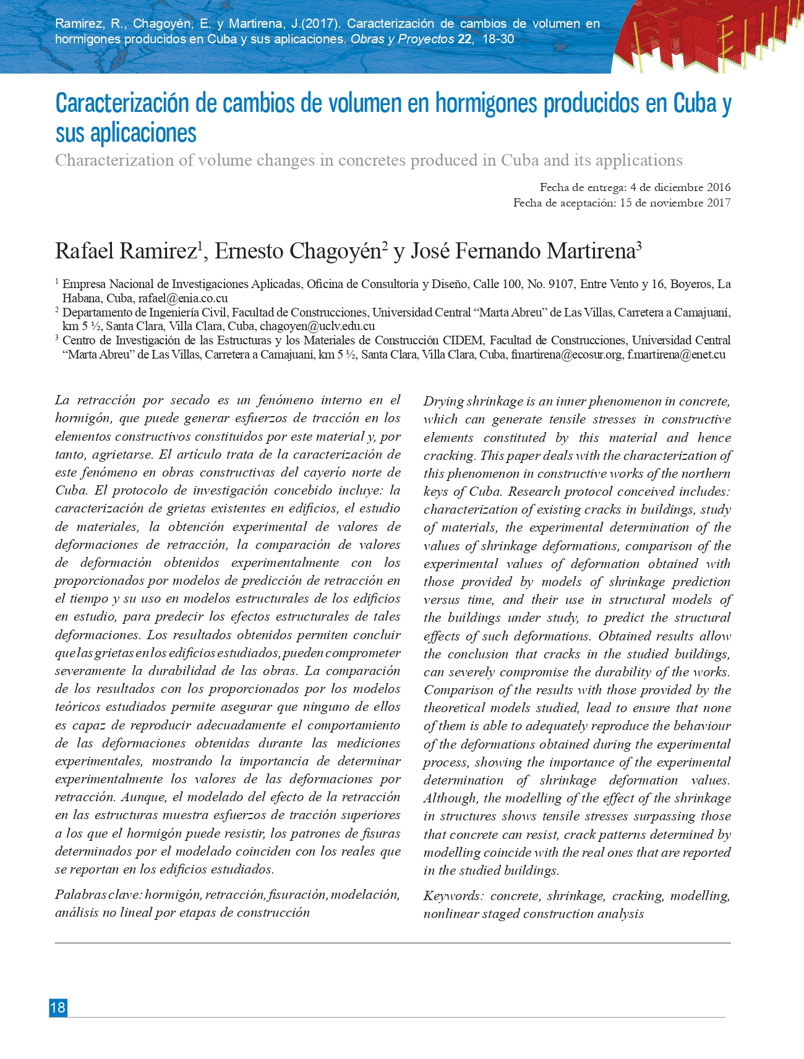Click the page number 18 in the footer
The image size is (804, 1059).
[58, 1008]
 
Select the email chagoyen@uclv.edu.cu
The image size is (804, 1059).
[317, 326]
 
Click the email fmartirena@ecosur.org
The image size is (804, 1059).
[567, 355]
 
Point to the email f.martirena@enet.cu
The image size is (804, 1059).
[676, 355]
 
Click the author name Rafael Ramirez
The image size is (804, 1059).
[126, 252]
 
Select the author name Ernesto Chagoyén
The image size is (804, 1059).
[297, 252]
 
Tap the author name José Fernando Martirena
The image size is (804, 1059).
[523, 252]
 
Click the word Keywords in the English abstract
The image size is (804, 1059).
[453, 896]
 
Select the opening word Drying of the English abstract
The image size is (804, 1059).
[443, 402]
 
